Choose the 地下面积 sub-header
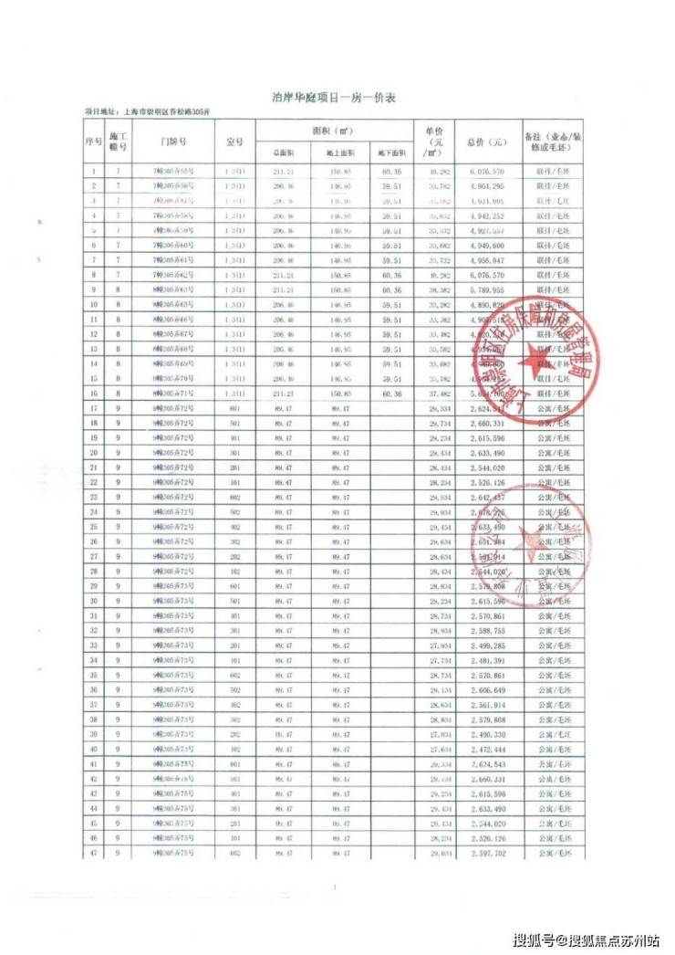coord(392,153)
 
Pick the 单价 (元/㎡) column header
coord(435,142)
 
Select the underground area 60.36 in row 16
coord(392,393)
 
